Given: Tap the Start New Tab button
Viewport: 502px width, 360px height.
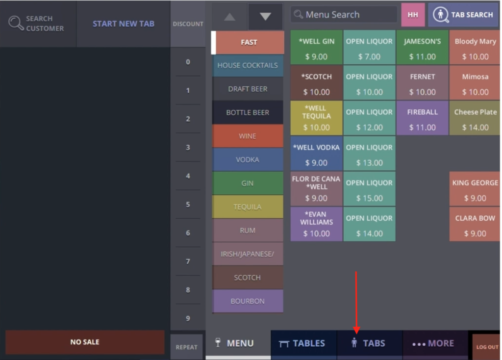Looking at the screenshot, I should point(124,24).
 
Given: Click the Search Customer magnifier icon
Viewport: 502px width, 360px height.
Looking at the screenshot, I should point(16,24).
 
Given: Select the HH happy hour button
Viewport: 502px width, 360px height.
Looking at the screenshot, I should point(413,15).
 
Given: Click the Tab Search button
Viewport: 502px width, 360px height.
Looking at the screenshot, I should point(463,15).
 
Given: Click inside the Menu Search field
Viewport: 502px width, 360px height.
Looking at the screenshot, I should point(343,15).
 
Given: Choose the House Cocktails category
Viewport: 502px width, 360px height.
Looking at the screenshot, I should point(248,65).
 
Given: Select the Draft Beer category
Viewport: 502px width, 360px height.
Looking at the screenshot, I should point(248,89).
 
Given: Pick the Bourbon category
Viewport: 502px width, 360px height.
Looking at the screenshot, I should point(248,301).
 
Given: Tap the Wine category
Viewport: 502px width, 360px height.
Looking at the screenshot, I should point(248,136).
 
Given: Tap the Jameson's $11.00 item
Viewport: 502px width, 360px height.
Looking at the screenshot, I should point(422,48).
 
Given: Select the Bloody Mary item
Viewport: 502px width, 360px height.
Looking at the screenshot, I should point(475,48).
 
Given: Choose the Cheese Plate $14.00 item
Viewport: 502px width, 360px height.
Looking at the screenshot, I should point(475,119).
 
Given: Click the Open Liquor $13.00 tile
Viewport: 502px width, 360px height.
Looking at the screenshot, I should point(369,154).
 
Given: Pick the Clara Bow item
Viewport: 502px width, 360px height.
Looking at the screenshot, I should point(475,225).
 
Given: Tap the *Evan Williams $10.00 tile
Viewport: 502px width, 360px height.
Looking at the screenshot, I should point(316,225).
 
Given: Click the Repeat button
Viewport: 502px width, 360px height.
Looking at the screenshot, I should point(186,347).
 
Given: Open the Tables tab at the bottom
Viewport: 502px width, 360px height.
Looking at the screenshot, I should point(303,343).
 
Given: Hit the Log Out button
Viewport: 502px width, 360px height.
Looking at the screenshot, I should point(487,347).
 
